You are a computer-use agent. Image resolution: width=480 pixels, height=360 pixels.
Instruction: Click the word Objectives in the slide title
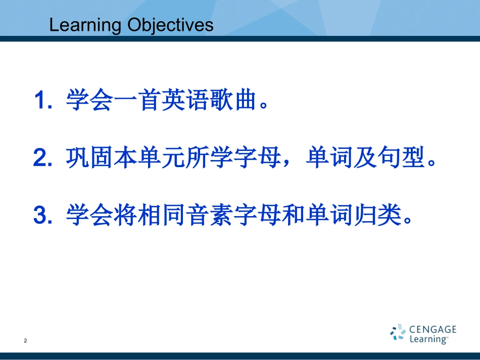170,25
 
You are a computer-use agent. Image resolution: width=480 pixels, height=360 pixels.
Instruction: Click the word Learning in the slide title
85,26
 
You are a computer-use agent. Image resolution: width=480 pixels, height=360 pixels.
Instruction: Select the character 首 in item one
150,99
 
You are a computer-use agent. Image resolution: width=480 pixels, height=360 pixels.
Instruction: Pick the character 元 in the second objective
173,157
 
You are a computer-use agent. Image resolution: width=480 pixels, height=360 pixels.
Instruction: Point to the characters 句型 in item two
401,157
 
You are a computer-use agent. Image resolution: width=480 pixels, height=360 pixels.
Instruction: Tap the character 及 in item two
365,157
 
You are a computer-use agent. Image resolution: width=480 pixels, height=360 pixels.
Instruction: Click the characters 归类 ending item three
377,215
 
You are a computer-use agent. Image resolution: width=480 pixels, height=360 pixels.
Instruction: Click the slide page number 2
25,340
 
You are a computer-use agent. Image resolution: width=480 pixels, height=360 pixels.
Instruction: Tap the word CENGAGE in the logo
433,329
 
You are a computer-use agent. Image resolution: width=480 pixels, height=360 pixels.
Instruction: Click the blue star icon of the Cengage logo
398,332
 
